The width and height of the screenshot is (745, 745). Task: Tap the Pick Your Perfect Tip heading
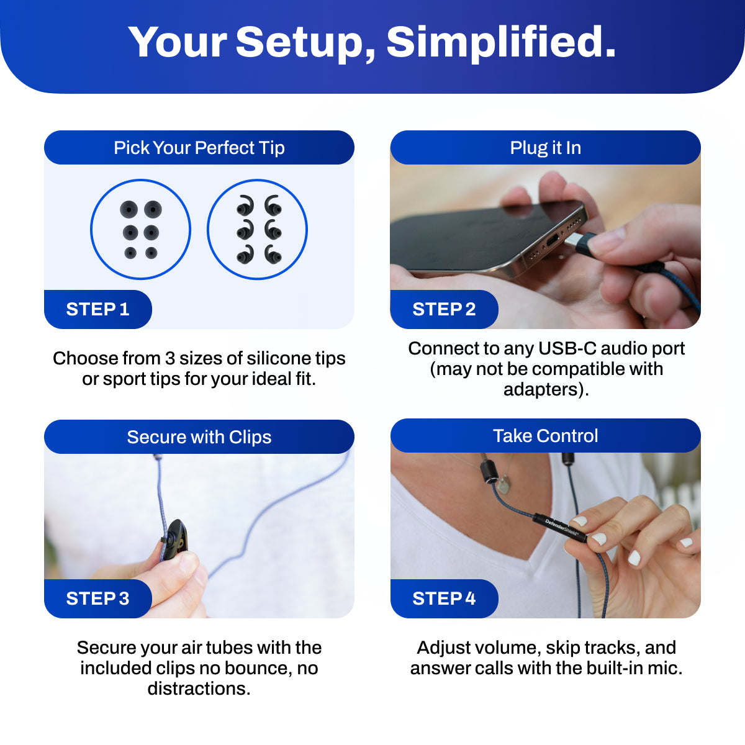click(x=199, y=147)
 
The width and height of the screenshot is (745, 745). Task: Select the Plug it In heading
click(x=545, y=147)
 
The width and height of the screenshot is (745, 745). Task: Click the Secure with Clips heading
click(x=199, y=437)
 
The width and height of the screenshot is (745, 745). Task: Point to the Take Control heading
click(x=545, y=436)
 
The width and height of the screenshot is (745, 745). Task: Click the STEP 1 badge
click(x=98, y=309)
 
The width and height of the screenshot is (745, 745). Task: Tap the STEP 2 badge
click(x=445, y=309)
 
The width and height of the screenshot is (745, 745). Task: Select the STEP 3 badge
click(x=98, y=598)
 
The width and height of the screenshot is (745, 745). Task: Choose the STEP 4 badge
click(x=445, y=598)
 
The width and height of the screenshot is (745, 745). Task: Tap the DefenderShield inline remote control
click(x=561, y=527)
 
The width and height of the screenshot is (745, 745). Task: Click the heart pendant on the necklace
click(x=503, y=485)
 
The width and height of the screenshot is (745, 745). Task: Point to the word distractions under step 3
click(x=199, y=689)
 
